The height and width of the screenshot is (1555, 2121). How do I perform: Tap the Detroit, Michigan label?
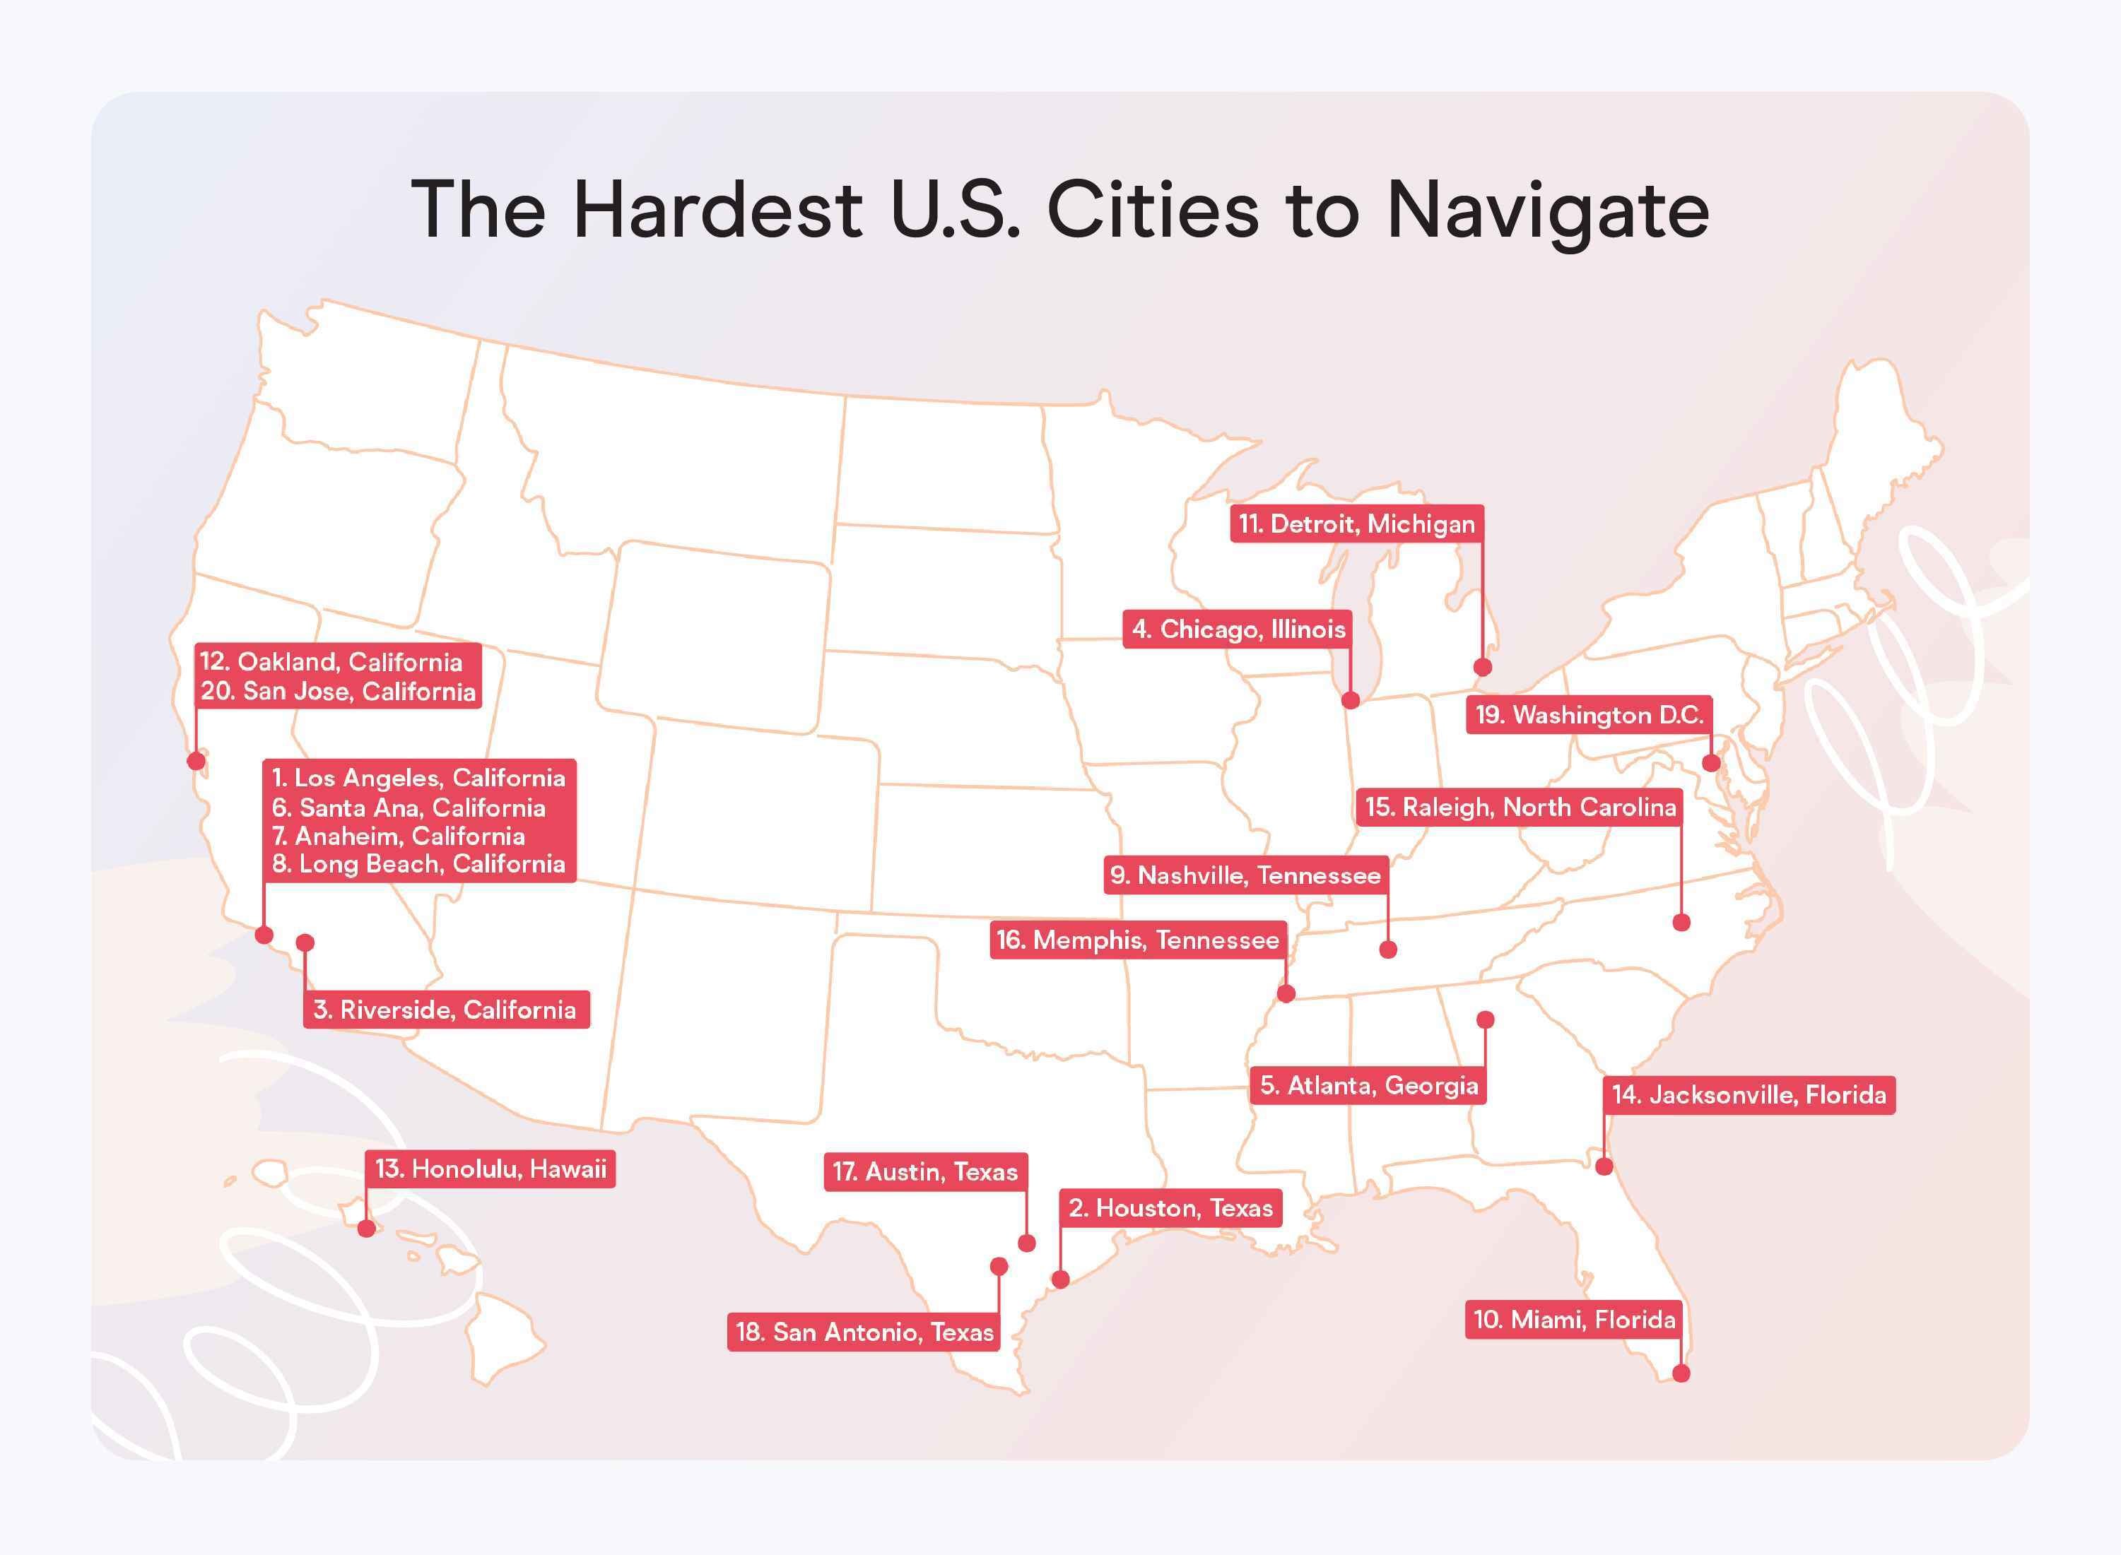[x=1356, y=524]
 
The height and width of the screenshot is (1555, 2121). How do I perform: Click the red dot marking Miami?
[x=1681, y=1373]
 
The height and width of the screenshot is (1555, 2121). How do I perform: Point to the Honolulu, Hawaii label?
[x=490, y=1169]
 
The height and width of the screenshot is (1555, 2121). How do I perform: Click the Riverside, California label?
[x=445, y=1010]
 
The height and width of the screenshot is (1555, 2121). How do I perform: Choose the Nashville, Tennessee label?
[x=1245, y=875]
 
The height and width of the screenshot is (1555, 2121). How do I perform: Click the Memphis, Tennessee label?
[x=1137, y=940]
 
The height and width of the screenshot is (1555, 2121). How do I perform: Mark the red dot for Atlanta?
[x=1486, y=1019]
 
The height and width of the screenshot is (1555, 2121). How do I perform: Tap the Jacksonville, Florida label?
[x=1749, y=1094]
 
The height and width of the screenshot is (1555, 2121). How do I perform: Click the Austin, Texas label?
[x=924, y=1172]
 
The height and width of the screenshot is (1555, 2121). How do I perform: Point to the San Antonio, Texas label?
[x=863, y=1332]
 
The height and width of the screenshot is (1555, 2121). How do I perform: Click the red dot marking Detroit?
[x=1483, y=668]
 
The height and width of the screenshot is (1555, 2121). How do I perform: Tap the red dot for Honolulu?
[x=366, y=1229]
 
